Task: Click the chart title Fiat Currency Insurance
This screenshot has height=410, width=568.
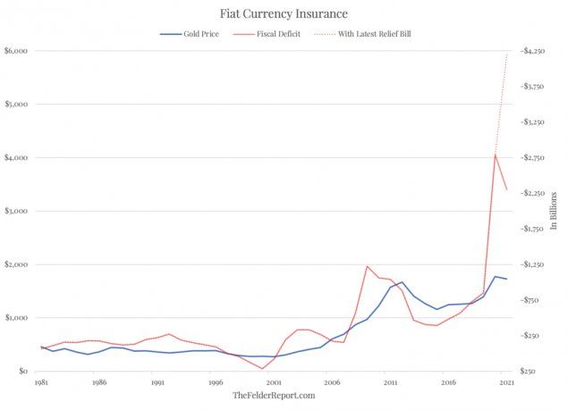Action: [x=284, y=14]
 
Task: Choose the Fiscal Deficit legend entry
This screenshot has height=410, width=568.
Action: [x=277, y=34]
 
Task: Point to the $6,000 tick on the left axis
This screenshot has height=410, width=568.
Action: [x=15, y=51]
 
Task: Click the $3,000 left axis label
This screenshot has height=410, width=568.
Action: [x=15, y=211]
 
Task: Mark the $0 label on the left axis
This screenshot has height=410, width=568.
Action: [x=21, y=371]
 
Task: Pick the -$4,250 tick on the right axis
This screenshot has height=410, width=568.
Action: [x=535, y=51]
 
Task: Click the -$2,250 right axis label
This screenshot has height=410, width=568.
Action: [x=535, y=193]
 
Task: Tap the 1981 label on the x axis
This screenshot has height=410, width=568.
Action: [x=40, y=382]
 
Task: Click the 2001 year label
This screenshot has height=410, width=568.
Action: [x=274, y=382]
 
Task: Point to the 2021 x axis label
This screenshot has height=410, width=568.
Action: [x=507, y=382]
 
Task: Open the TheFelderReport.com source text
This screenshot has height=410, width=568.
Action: [x=274, y=395]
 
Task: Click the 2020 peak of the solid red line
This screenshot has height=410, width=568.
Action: [x=496, y=155]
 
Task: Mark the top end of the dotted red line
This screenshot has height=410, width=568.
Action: [x=507, y=52]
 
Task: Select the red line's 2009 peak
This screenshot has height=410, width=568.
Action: [x=367, y=266]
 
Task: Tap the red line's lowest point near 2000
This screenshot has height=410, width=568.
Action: [x=262, y=369]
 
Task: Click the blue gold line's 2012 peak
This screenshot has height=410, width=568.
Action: [x=402, y=282]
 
